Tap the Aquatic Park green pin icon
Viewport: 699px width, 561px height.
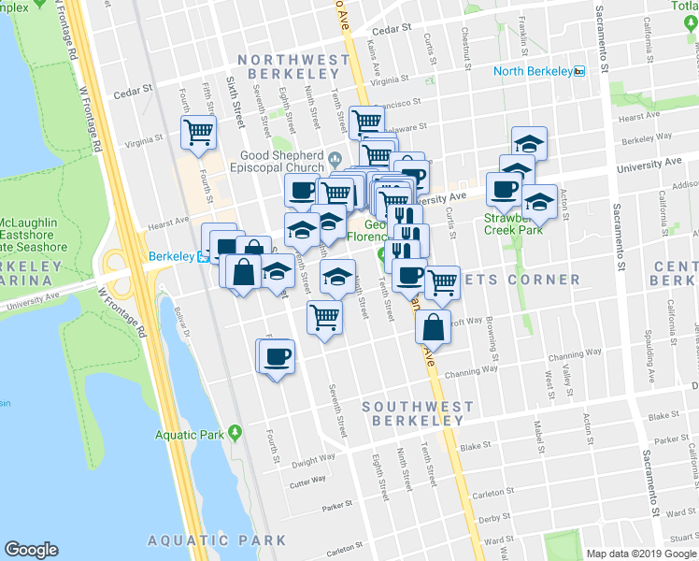tap(235, 432)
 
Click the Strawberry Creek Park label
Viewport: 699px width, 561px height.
tap(514, 224)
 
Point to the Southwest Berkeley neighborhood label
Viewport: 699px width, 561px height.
tap(412, 413)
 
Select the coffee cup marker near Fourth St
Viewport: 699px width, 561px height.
tap(278, 356)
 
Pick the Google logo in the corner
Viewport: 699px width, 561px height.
tap(31, 550)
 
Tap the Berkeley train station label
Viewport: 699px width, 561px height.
tap(171, 256)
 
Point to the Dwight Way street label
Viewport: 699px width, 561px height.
tap(313, 460)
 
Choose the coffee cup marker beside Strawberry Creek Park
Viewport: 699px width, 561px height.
tap(504, 189)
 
